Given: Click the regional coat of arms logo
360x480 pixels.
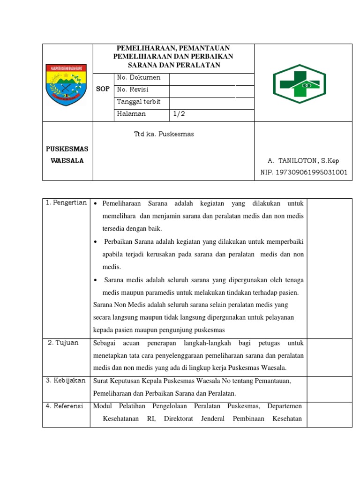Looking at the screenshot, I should (x=67, y=84).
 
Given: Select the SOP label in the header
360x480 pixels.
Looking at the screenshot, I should (x=103, y=89).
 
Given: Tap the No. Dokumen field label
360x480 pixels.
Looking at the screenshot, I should (x=138, y=78).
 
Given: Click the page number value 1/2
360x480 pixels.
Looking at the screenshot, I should (x=179, y=114).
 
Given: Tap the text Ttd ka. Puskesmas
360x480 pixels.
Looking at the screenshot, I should (x=164, y=135).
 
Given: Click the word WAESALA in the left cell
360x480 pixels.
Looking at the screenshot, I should (x=67, y=161).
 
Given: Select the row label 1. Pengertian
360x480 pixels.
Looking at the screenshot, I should (x=67, y=203).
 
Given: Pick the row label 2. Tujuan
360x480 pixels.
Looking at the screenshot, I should (x=63, y=343).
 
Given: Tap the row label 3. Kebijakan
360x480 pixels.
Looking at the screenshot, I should (x=66, y=381).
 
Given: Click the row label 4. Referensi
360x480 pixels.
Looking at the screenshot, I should (x=65, y=406).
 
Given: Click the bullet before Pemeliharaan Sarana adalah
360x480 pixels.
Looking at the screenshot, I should (x=95, y=204).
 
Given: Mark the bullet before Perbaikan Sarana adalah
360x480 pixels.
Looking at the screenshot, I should (x=96, y=242).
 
